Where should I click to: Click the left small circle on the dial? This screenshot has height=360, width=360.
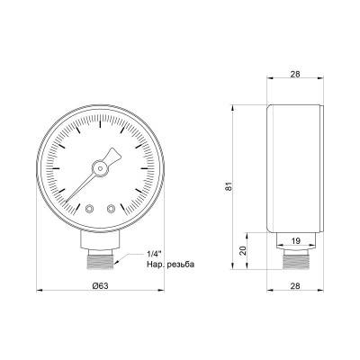(x=89, y=209)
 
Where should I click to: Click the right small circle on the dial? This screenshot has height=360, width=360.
(x=111, y=209)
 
